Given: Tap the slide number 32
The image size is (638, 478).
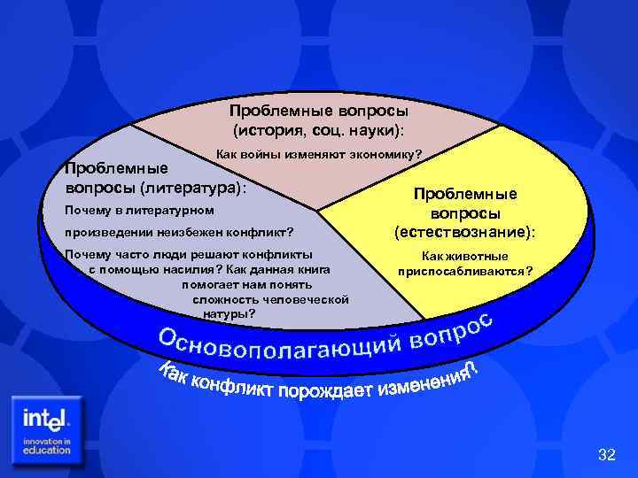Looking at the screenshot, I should click(606, 455).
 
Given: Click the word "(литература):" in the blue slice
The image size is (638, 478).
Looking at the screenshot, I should click(190, 189).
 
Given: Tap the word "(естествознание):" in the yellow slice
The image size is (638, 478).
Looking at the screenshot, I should click(465, 233).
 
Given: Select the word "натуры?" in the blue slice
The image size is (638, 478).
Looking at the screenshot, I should click(230, 313).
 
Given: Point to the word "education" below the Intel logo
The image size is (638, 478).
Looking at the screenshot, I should click(47, 450).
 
